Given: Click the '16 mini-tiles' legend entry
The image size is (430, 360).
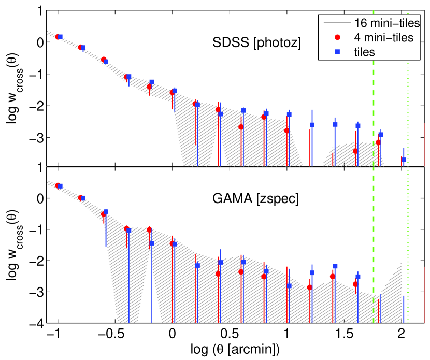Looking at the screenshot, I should click(x=386, y=23).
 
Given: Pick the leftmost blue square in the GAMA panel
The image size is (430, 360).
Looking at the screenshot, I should click(x=60, y=186).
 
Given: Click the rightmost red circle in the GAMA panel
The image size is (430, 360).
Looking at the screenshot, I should click(x=355, y=284).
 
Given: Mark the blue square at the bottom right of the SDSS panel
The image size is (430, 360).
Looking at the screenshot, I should click(x=404, y=160).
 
